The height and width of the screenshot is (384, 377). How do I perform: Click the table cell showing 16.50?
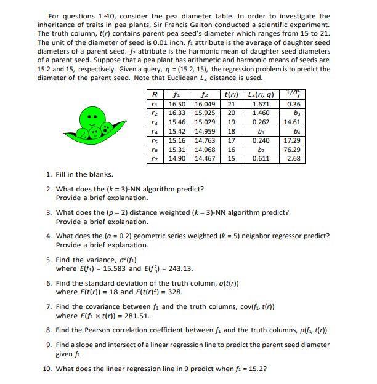coord(178,105)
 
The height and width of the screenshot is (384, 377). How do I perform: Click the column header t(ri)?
coord(231,95)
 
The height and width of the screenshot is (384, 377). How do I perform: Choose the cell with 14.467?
coord(205,159)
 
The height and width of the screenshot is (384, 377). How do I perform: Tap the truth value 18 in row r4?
coord(231,132)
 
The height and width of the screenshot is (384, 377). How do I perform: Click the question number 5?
coord(49,260)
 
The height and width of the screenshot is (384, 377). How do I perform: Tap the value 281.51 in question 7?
coord(136,316)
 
